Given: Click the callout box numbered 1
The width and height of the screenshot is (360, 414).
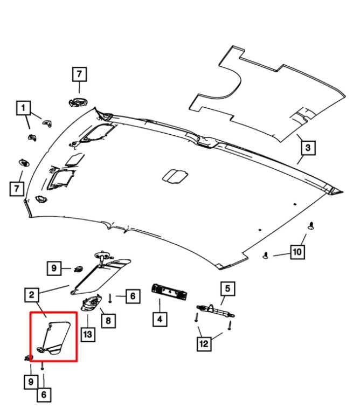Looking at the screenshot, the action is click(x=24, y=108).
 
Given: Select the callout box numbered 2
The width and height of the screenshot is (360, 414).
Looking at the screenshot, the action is click(x=32, y=295).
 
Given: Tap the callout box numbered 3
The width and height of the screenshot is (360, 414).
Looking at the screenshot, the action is click(x=308, y=148).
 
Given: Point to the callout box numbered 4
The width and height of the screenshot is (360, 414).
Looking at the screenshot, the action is click(x=160, y=319).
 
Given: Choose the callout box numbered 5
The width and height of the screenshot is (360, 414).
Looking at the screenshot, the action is click(x=228, y=289).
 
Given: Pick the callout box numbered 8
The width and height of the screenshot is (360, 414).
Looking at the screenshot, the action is click(x=108, y=321).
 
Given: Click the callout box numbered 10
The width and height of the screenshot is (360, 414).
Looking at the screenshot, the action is click(x=297, y=252).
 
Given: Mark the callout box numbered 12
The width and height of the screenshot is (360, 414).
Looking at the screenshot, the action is click(x=204, y=344).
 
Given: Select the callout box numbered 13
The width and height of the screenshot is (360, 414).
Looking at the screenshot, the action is click(x=88, y=334).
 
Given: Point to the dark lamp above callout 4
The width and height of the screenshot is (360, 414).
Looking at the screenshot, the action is click(x=169, y=292).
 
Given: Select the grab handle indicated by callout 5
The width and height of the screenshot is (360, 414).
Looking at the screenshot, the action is click(x=216, y=310).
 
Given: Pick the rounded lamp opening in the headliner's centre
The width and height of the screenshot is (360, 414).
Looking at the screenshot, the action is click(x=175, y=176).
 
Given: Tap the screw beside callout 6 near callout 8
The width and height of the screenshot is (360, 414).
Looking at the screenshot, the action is click(x=110, y=299).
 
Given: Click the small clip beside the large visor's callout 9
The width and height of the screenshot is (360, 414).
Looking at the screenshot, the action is click(x=78, y=269).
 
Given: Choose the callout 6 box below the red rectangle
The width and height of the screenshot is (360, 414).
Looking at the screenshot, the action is click(x=44, y=395).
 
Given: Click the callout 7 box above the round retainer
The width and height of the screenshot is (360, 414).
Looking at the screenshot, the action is click(x=79, y=74).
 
